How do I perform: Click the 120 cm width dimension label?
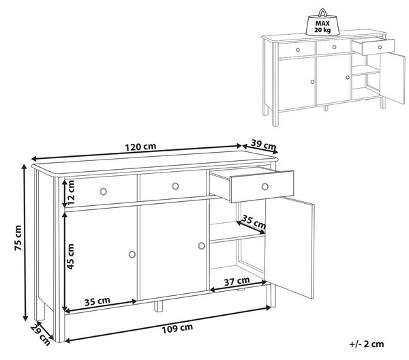click(140, 147)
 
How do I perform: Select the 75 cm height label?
click(18, 238)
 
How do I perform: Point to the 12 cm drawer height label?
click(70, 192)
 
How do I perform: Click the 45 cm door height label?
click(70, 256)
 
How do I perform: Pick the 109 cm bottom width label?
click(177, 328)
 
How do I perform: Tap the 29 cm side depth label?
click(40, 335)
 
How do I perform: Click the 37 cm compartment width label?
click(237, 281)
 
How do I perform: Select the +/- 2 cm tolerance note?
click(367, 344)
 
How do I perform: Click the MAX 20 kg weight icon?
click(322, 23)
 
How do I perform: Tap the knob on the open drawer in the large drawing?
click(265, 187)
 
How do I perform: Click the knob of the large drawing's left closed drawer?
click(104, 192)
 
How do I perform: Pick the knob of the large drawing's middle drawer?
click(175, 186)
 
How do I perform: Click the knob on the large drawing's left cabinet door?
click(132, 254)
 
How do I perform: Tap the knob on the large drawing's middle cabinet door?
click(201, 245)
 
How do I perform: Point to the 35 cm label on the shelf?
click(254, 222)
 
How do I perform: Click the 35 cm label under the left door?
click(97, 301)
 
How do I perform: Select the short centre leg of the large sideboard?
click(158, 306)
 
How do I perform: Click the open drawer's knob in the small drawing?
click(380, 48)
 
